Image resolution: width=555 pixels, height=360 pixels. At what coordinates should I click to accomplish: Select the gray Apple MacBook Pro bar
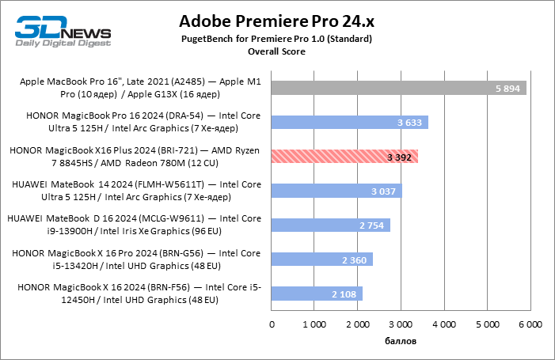(399, 89)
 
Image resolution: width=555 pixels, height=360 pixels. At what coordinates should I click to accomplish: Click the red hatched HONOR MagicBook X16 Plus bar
(344, 157)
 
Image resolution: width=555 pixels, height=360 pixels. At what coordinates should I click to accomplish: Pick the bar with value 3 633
(349, 123)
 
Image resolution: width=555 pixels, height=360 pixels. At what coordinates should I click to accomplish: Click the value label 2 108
(344, 294)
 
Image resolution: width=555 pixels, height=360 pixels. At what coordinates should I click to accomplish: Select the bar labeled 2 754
(330, 225)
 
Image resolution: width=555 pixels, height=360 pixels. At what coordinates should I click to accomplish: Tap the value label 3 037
(383, 191)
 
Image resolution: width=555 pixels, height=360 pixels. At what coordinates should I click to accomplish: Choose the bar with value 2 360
(321, 260)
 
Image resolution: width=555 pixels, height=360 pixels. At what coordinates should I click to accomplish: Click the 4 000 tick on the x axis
(444, 324)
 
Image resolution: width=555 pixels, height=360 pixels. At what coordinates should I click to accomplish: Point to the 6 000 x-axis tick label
(530, 324)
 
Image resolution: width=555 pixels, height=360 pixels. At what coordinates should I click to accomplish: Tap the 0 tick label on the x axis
(272, 324)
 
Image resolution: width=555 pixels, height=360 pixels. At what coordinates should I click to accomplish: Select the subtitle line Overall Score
(276, 51)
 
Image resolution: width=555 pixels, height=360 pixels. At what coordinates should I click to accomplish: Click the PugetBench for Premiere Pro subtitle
(276, 39)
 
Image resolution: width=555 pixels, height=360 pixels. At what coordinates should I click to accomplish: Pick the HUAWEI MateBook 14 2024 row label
(136, 191)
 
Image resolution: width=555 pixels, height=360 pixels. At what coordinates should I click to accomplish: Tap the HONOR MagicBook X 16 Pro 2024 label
(136, 260)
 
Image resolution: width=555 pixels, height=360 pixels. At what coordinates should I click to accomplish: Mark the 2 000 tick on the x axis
(358, 324)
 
